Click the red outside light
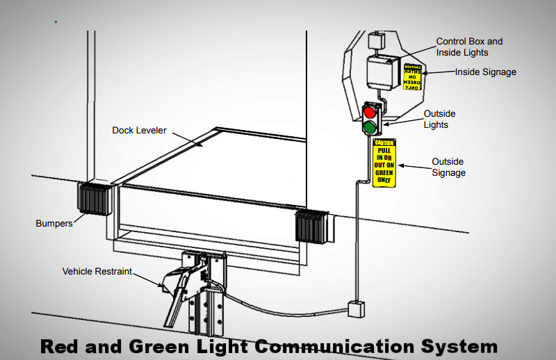[x=369, y=112]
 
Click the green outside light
[x=369, y=127]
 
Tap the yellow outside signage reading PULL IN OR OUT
[x=384, y=163]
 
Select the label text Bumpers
[x=54, y=224]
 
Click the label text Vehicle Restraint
[x=97, y=272]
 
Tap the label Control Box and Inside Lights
[x=469, y=47]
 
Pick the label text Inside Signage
[x=486, y=72]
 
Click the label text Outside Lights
[x=440, y=119]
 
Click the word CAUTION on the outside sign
[x=384, y=142]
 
